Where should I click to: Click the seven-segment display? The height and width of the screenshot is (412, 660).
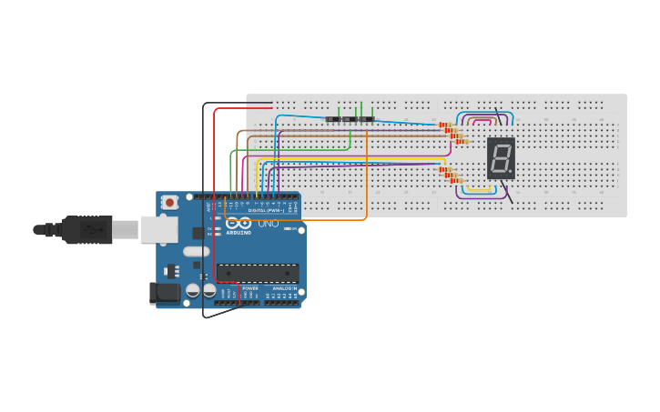tap(501, 158)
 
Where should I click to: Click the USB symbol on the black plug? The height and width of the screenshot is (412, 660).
tap(91, 229)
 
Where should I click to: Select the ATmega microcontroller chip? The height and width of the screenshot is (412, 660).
tap(258, 272)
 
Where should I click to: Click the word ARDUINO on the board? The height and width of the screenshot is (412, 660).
tap(238, 232)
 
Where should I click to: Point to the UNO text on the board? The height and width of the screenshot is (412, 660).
tap(268, 223)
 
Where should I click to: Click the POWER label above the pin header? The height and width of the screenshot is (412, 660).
tap(249, 288)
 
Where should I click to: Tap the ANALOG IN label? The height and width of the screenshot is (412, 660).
tap(282, 288)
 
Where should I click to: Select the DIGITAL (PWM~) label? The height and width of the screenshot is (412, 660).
tap(264, 211)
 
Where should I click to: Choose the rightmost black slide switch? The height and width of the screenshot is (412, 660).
tap(367, 119)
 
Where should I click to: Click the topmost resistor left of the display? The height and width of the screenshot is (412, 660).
tap(445, 125)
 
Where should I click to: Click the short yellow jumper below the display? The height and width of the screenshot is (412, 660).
tap(481, 190)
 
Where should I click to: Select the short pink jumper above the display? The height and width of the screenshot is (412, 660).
tap(482, 120)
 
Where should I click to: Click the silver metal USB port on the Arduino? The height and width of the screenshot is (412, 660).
tap(158, 229)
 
